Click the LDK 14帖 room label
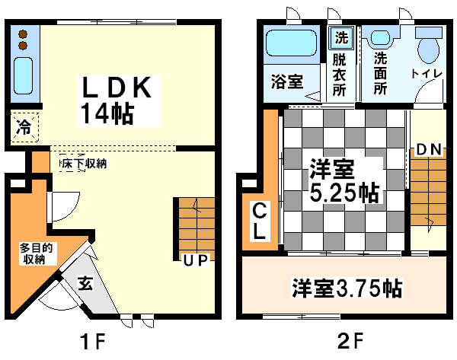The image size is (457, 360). point(117,100)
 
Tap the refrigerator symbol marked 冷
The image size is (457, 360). point(24,127)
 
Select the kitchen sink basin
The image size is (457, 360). point(23,75)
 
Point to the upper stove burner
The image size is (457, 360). point(23,35)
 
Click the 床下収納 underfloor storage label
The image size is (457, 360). point(84,164)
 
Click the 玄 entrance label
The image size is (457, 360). point(85,283)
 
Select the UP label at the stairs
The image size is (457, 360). point(195,261)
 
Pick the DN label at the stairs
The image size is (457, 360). point(428,149)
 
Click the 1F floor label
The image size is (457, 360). point(93,342)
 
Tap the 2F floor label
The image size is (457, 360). point(350,341)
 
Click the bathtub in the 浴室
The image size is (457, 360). point(292,43)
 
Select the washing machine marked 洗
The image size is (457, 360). point(341,38)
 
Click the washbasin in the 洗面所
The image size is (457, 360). point(380,38)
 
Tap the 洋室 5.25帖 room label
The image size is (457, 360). point(344,180)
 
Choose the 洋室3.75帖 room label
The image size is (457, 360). point(347,288)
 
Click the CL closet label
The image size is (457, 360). point(259,221)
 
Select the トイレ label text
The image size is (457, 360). point(427,73)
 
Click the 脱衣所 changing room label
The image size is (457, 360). point(339,75)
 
